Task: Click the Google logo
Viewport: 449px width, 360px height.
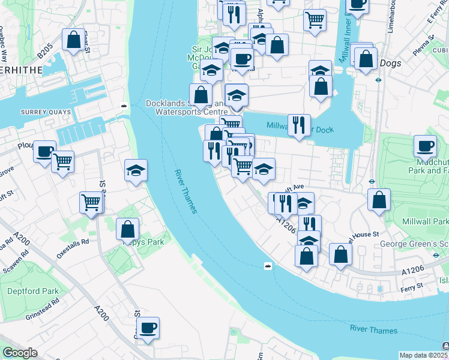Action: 20,353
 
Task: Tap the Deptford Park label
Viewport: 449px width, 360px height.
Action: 33,292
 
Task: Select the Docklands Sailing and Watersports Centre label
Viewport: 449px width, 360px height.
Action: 187,107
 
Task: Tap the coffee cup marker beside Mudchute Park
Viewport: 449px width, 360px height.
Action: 426,146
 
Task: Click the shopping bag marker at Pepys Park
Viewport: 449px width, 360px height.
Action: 128,229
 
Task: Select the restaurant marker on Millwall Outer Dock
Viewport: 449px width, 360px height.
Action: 299,125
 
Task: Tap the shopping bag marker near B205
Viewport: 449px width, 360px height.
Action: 73,40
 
